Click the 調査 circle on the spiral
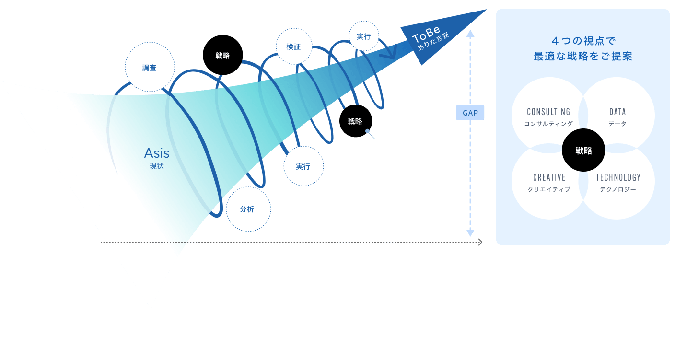click(x=149, y=68)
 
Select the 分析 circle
click(x=248, y=209)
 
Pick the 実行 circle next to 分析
click(x=303, y=166)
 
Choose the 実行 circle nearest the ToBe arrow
click(x=363, y=36)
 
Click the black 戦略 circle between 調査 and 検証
click(x=222, y=56)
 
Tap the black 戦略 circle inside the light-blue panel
click(x=583, y=151)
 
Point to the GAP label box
click(x=470, y=113)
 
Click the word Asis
click(x=157, y=153)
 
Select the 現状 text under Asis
click(x=157, y=166)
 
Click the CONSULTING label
click(x=548, y=112)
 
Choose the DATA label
click(x=617, y=112)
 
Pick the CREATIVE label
click(x=549, y=177)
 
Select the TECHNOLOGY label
click(x=618, y=177)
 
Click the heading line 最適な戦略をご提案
click(x=583, y=57)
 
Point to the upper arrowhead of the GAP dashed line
click(x=470, y=34)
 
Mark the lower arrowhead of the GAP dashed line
click(x=470, y=233)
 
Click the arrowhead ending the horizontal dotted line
click(x=480, y=243)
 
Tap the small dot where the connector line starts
click(x=367, y=131)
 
